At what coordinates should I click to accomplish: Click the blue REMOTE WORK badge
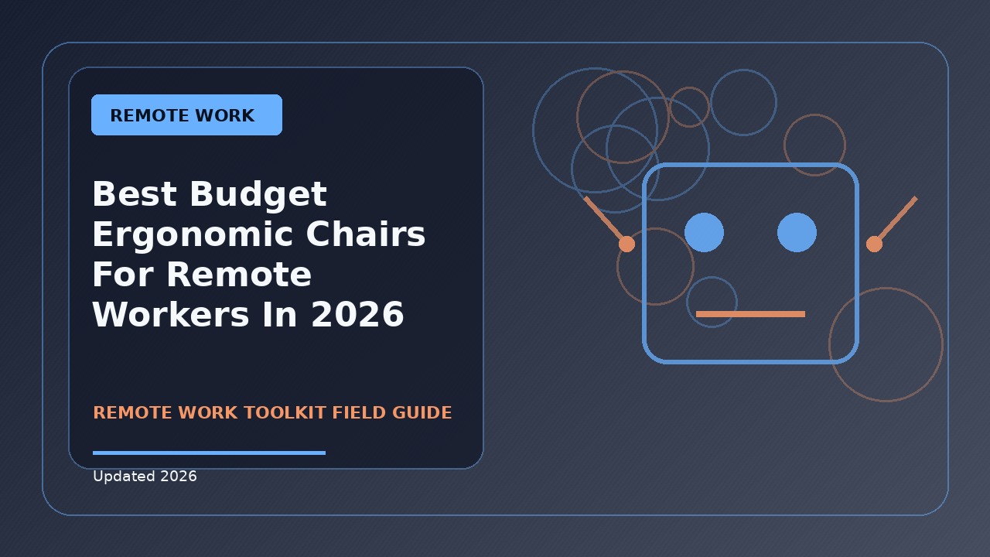[186, 114]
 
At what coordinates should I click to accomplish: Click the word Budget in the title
[258, 194]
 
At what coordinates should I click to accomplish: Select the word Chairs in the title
[366, 234]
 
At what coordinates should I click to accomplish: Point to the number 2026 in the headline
[357, 314]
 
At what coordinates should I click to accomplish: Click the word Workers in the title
[171, 314]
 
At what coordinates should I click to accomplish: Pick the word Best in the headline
[135, 193]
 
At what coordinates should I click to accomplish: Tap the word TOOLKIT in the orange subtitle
[285, 412]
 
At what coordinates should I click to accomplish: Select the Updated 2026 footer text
[145, 476]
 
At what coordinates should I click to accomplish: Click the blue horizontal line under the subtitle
[209, 453]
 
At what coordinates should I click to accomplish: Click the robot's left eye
[704, 233]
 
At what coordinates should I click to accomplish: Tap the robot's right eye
[797, 233]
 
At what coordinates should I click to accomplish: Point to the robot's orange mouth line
[750, 314]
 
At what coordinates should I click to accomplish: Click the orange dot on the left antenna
[626, 244]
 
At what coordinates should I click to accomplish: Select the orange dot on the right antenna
[874, 244]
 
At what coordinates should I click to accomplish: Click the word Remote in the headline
[239, 274]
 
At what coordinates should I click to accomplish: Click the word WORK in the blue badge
[225, 115]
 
